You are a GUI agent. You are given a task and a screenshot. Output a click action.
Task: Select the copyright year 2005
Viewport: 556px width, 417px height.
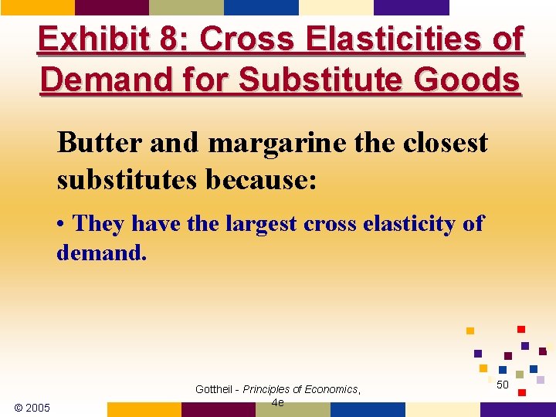tap(38, 407)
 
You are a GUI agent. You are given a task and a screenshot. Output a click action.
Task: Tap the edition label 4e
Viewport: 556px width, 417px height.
tap(278, 402)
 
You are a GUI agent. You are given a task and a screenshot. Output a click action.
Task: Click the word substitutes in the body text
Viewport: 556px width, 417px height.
tap(125, 180)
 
